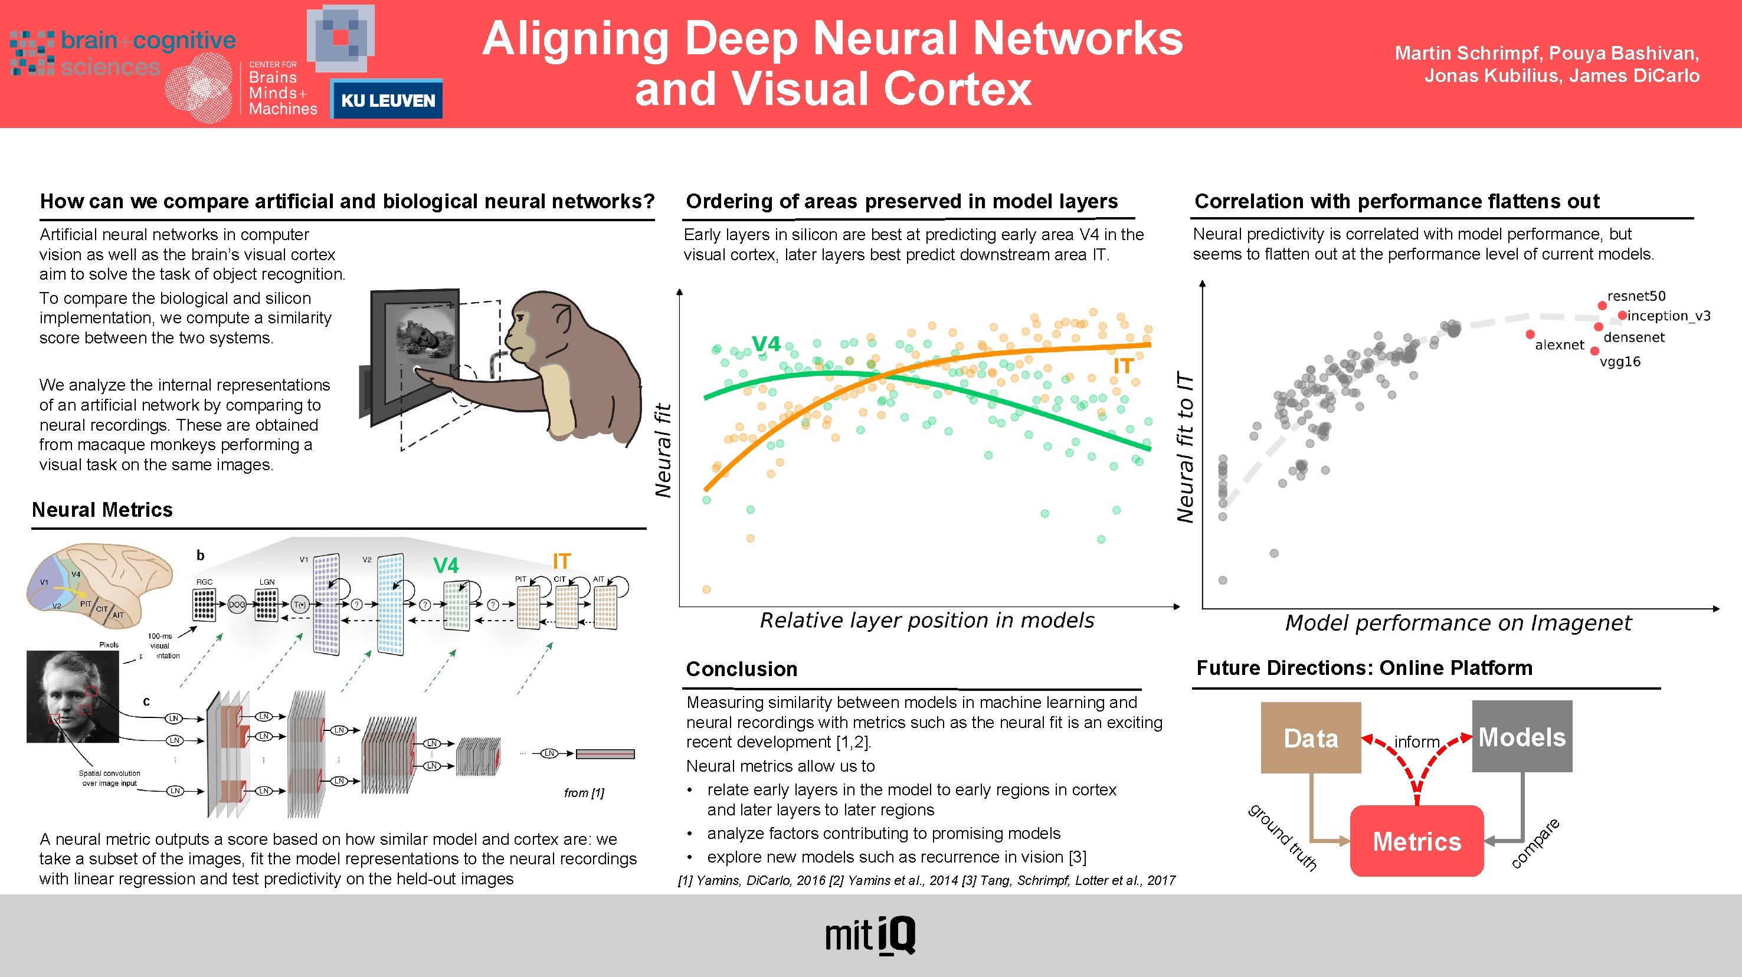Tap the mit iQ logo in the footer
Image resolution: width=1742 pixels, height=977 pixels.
pyautogui.click(x=870, y=936)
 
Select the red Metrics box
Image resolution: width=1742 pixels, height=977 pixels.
pyautogui.click(x=1417, y=841)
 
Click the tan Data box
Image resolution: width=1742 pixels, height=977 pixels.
pyautogui.click(x=1311, y=737)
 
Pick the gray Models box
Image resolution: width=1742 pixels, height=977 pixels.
pyautogui.click(x=1521, y=736)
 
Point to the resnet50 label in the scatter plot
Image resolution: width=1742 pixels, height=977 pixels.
pyautogui.click(x=1636, y=296)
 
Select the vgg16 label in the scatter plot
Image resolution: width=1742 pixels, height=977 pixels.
pyautogui.click(x=1620, y=362)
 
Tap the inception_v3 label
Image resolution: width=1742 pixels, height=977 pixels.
pyautogui.click(x=1668, y=316)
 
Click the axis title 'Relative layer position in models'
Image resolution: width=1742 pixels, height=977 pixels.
pyautogui.click(x=926, y=621)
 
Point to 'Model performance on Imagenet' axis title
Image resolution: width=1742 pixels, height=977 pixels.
pyautogui.click(x=1458, y=622)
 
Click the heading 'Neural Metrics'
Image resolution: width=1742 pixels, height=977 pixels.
pyautogui.click(x=102, y=510)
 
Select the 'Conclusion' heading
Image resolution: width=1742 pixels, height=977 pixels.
pyautogui.click(x=741, y=668)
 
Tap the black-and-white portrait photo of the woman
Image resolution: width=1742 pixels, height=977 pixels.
pyautogui.click(x=73, y=696)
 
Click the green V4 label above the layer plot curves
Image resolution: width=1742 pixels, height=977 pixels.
pyautogui.click(x=766, y=344)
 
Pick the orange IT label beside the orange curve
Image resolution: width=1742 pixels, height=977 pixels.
pyautogui.click(x=1122, y=366)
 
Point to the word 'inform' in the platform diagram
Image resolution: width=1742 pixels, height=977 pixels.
pyautogui.click(x=1417, y=742)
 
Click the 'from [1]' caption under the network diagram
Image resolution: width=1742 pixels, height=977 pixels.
pyautogui.click(x=584, y=792)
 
